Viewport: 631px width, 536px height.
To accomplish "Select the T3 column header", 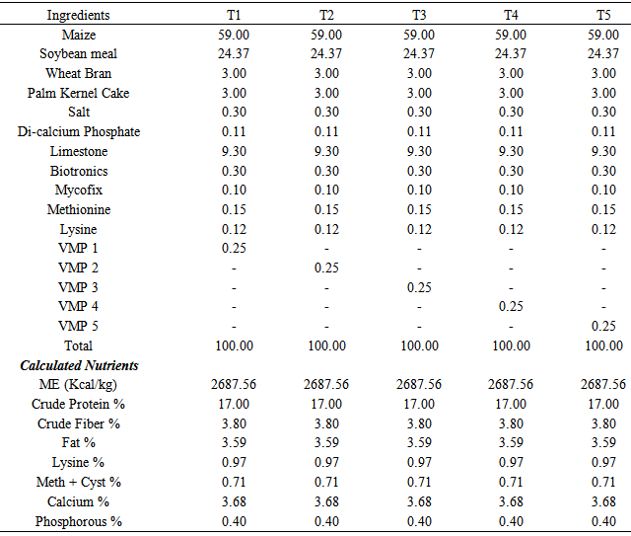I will click(x=419, y=16).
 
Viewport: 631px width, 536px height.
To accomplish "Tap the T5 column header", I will click(x=603, y=16).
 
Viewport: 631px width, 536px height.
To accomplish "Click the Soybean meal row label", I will click(x=78, y=54).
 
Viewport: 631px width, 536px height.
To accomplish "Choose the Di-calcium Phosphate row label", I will click(x=78, y=132).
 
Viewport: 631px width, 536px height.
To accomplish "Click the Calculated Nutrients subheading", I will click(x=79, y=365).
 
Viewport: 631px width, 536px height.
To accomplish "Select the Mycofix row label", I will click(x=78, y=191).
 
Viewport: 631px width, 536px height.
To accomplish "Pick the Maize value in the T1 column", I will click(x=234, y=35).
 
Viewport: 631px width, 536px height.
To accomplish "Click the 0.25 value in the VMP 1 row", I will click(x=234, y=249).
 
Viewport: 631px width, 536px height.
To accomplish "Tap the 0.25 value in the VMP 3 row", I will click(x=419, y=287).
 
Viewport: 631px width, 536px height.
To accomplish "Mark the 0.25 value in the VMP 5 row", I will click(x=603, y=327).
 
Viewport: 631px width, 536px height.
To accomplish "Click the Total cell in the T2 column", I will click(x=326, y=345).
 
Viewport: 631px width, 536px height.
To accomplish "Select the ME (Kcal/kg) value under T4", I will click(x=511, y=385).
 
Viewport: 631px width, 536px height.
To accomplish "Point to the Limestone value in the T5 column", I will click(x=603, y=152).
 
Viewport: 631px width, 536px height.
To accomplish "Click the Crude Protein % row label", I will click(x=78, y=404).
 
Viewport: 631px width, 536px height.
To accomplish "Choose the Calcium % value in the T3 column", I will click(x=419, y=501).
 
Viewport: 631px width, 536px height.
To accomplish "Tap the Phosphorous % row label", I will click(x=78, y=521).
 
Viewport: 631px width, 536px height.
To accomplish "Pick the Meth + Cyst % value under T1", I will click(x=234, y=482).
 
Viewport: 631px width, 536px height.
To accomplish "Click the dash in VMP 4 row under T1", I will click(x=234, y=307).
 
